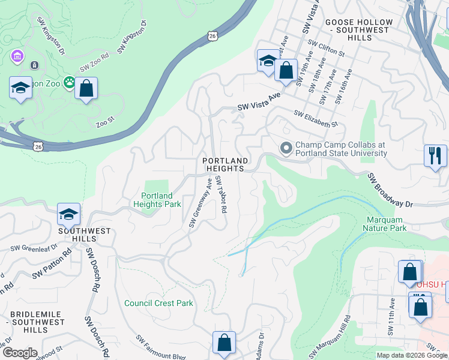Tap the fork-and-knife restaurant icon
[x=435, y=155]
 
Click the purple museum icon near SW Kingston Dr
[x=17, y=58]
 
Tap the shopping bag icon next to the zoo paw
[x=86, y=88]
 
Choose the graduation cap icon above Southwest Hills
[x=69, y=214]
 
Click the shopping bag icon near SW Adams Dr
[x=224, y=343]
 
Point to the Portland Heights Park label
[x=157, y=200]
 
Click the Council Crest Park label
[x=158, y=303]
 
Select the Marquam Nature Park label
[x=385, y=224]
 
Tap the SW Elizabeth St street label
[x=316, y=118]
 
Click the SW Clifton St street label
[x=326, y=49]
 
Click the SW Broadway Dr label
[x=391, y=191]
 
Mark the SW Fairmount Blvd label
[x=161, y=347]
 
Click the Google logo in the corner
[x=19, y=353]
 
